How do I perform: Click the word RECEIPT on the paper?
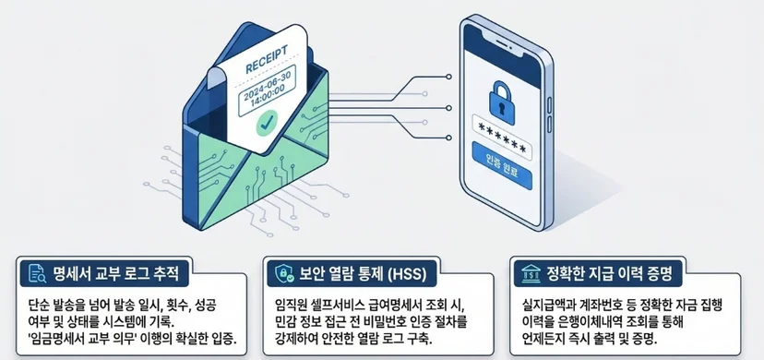coord(266,59)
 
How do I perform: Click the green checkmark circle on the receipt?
coord(267,124)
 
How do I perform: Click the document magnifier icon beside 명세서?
coord(38,274)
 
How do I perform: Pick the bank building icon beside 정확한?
coord(531,273)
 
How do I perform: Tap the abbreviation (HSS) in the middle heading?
coord(406,274)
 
